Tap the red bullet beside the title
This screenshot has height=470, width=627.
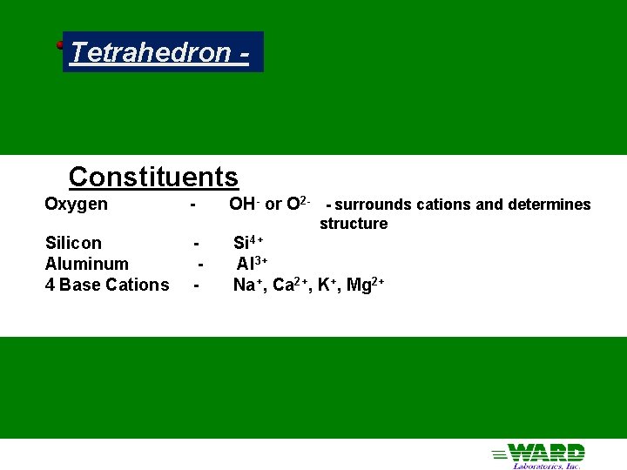[61, 44]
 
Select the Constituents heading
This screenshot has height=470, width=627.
[153, 177]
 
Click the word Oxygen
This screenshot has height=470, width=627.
[77, 205]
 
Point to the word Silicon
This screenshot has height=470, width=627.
[73, 243]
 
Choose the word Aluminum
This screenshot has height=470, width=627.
[86, 264]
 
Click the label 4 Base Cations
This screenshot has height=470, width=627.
[107, 285]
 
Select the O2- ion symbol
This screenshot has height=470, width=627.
[298, 205]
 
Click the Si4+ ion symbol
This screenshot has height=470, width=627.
[248, 243]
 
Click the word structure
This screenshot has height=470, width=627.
[354, 224]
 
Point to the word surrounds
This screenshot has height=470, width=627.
[368, 205]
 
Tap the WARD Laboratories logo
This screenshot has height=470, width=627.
[539, 454]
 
